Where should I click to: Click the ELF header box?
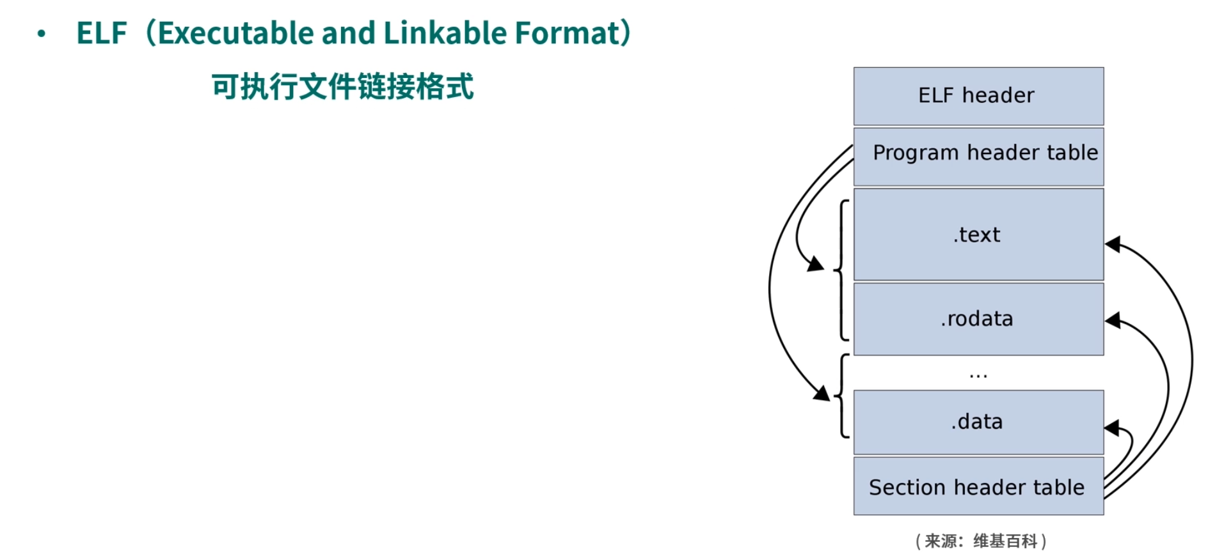pyautogui.click(x=978, y=96)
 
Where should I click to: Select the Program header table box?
pyautogui.click(x=978, y=157)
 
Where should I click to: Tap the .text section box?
pyautogui.click(x=978, y=235)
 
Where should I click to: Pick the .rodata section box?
pyautogui.click(x=978, y=319)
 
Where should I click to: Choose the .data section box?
pyautogui.click(x=978, y=422)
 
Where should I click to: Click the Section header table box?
pyautogui.click(x=978, y=486)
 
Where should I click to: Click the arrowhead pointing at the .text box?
pyautogui.click(x=1113, y=243)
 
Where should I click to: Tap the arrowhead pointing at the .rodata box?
pyautogui.click(x=1113, y=320)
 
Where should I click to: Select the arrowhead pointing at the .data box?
pyautogui.click(x=1112, y=428)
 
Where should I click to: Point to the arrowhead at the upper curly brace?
pyautogui.click(x=816, y=263)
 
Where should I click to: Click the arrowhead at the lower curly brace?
pyautogui.click(x=822, y=393)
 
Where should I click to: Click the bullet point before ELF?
pyautogui.click(x=42, y=34)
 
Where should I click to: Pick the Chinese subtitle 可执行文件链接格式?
pyautogui.click(x=342, y=86)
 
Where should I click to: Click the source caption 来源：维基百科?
pyautogui.click(x=980, y=541)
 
